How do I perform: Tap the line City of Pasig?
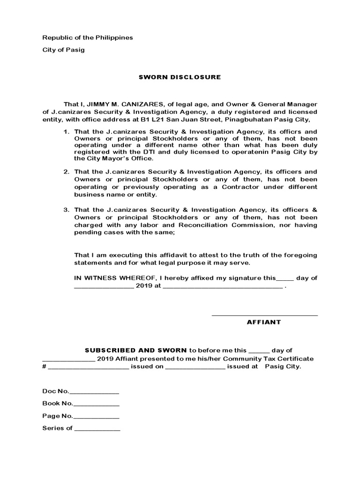tap(63, 50)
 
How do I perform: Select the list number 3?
tap(66, 209)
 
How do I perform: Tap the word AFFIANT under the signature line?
tap(264, 322)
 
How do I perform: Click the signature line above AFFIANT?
tap(265, 315)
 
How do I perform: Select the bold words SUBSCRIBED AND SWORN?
tap(135, 350)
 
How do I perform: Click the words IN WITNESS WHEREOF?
tap(109, 278)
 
